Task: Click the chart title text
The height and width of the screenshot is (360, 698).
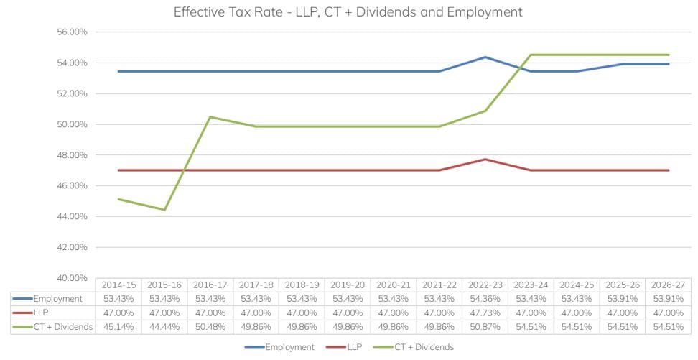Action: pyautogui.click(x=348, y=12)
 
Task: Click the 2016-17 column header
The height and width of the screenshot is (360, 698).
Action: pyautogui.click(x=210, y=285)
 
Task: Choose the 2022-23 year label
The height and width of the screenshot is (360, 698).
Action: pyautogui.click(x=485, y=285)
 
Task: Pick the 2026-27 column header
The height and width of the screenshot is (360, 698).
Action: pyautogui.click(x=668, y=285)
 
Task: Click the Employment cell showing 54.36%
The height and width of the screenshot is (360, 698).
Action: pyautogui.click(x=485, y=299)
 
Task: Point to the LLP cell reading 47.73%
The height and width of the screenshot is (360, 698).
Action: pyautogui.click(x=485, y=313)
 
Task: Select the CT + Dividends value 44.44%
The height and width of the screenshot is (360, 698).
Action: pyautogui.click(x=164, y=327)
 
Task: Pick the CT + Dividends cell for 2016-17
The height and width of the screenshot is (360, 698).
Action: pyautogui.click(x=210, y=327)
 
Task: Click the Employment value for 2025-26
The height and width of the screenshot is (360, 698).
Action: pyautogui.click(x=622, y=299)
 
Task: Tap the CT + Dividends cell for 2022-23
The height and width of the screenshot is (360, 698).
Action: pyautogui.click(x=485, y=327)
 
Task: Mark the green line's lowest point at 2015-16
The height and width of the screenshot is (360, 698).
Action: pyautogui.click(x=164, y=210)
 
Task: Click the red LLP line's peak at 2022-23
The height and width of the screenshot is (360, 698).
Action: pyautogui.click(x=485, y=159)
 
